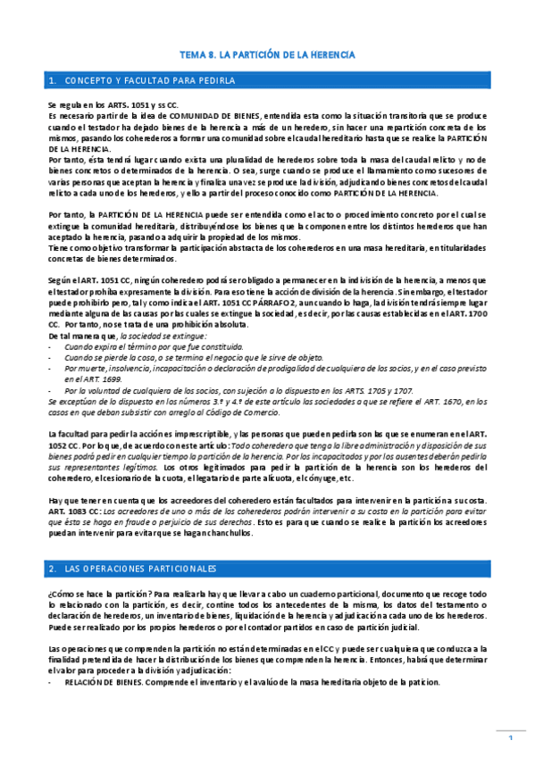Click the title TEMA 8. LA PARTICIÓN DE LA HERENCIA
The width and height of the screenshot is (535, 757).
pos(268,54)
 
